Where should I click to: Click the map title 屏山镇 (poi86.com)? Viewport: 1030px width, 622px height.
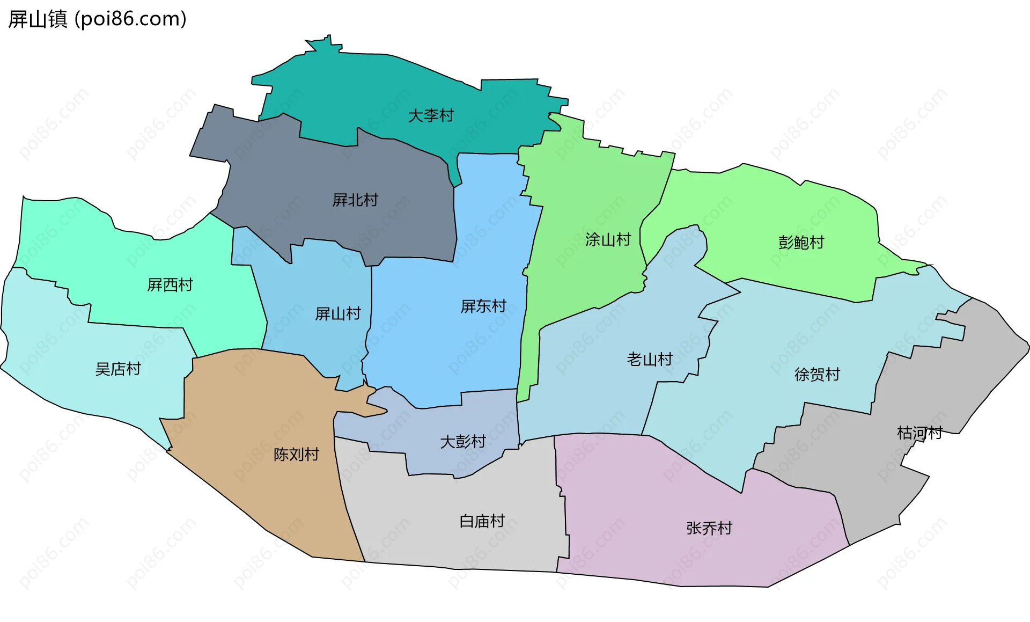[97, 19]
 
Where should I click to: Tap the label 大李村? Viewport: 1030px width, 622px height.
[431, 115]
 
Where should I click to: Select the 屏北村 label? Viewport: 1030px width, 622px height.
[355, 200]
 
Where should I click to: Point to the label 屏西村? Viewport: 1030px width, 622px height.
[170, 284]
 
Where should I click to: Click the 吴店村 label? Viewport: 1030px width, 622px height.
[118, 369]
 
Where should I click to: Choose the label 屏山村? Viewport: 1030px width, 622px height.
[338, 313]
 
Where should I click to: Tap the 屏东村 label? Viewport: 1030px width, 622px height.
[483, 306]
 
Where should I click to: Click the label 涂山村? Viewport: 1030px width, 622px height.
[608, 239]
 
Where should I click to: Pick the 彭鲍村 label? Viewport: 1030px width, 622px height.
[801, 243]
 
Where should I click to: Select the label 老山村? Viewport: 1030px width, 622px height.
[650, 359]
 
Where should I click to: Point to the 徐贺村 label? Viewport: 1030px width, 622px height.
[817, 374]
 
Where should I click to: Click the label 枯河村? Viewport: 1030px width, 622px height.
[919, 433]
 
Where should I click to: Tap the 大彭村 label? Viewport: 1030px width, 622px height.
[462, 442]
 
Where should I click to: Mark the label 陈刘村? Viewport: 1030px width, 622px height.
[296, 455]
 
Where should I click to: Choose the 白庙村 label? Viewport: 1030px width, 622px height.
[482, 521]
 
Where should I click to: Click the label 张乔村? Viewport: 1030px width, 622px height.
[709, 528]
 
